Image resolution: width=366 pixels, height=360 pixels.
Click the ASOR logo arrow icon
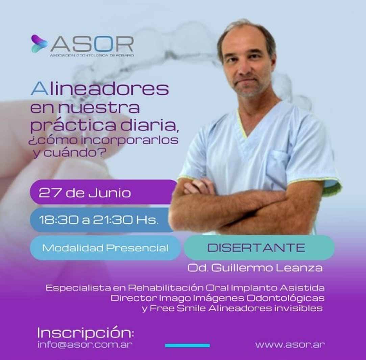[x=39, y=44]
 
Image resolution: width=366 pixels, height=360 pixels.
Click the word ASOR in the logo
[x=92, y=44]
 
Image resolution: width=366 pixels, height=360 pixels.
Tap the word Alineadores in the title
[x=100, y=89]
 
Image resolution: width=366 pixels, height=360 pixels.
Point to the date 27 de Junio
[x=85, y=193]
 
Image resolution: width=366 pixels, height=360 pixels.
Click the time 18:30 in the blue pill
[x=59, y=220]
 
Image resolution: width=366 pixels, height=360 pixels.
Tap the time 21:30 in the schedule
[x=113, y=220]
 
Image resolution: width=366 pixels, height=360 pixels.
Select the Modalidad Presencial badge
[x=105, y=248]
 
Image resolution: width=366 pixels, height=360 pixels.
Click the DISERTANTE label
[x=256, y=248]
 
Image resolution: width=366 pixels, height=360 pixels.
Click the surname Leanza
[x=299, y=268]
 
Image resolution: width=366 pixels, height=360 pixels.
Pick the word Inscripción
[x=86, y=333]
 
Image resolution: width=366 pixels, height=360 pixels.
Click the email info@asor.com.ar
[x=85, y=344]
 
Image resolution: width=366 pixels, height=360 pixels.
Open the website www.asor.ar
[x=290, y=344]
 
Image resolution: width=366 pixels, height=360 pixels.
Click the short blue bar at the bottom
[x=187, y=345]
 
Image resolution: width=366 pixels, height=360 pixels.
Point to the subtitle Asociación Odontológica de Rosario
[x=92, y=55]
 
